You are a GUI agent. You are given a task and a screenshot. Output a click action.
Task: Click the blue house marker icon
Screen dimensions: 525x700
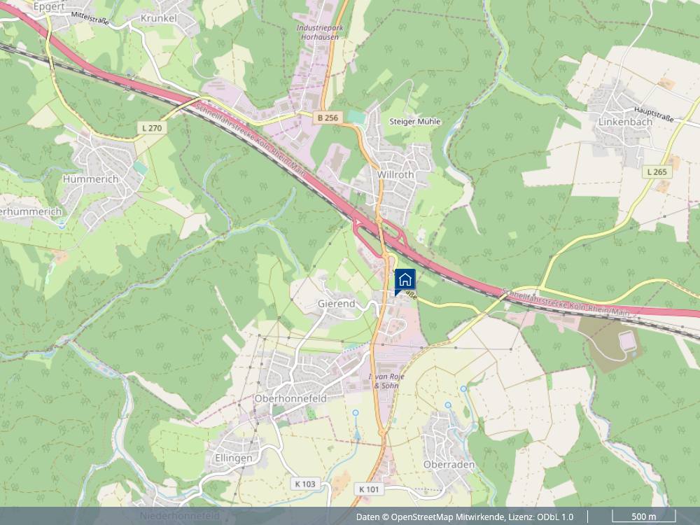tap(405, 280)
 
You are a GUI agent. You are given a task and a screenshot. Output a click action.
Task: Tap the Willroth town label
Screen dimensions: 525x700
tap(395, 174)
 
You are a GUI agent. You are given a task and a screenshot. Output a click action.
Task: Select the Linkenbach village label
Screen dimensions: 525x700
tap(625, 121)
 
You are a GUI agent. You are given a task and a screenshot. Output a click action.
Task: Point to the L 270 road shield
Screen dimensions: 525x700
tap(151, 128)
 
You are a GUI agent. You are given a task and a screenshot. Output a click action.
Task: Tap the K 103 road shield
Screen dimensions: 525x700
tap(305, 484)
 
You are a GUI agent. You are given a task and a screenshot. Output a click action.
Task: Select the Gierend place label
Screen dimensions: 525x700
tap(336, 304)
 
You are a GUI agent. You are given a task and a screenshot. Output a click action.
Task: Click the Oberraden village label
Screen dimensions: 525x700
tap(449, 464)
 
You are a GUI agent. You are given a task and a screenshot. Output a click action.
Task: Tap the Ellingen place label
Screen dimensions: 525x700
tap(230, 458)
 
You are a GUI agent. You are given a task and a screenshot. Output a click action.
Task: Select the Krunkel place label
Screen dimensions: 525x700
tap(159, 17)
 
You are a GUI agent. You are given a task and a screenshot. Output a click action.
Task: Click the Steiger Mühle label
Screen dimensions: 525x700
tap(414, 121)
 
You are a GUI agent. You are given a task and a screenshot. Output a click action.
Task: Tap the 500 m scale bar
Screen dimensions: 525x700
tap(643, 517)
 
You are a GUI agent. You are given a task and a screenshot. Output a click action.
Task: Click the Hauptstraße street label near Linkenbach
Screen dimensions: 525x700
tap(653, 114)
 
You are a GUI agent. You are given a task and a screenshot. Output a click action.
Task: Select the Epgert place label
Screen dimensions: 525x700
tap(48, 7)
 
